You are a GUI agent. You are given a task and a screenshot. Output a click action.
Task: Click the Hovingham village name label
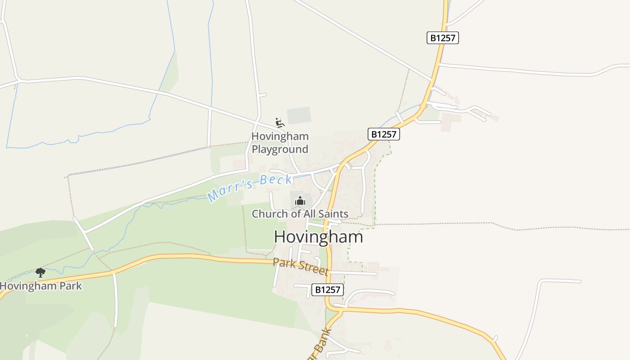click(318, 237)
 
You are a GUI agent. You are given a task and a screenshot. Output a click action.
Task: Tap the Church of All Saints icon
click(300, 201)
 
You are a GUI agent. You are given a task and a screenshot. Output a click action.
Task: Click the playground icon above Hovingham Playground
click(279, 122)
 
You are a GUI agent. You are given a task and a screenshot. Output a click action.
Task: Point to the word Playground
click(279, 149)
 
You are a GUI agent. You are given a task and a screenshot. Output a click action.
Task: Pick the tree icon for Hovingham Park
click(40, 272)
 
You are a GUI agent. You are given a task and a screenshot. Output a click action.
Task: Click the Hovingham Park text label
click(40, 286)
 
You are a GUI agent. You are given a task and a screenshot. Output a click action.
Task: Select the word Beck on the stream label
click(275, 180)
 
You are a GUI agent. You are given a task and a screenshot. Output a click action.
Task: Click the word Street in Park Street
click(314, 268)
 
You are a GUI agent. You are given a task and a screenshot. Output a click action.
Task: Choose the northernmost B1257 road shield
click(442, 38)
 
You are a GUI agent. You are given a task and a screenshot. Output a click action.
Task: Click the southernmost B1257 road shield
click(328, 289)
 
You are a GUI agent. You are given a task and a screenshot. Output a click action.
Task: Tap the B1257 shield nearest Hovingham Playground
click(384, 134)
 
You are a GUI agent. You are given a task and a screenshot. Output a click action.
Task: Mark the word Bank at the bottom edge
click(323, 343)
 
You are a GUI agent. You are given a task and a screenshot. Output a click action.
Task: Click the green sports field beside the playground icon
click(299, 115)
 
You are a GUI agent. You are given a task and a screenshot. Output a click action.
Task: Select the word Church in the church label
click(269, 214)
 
